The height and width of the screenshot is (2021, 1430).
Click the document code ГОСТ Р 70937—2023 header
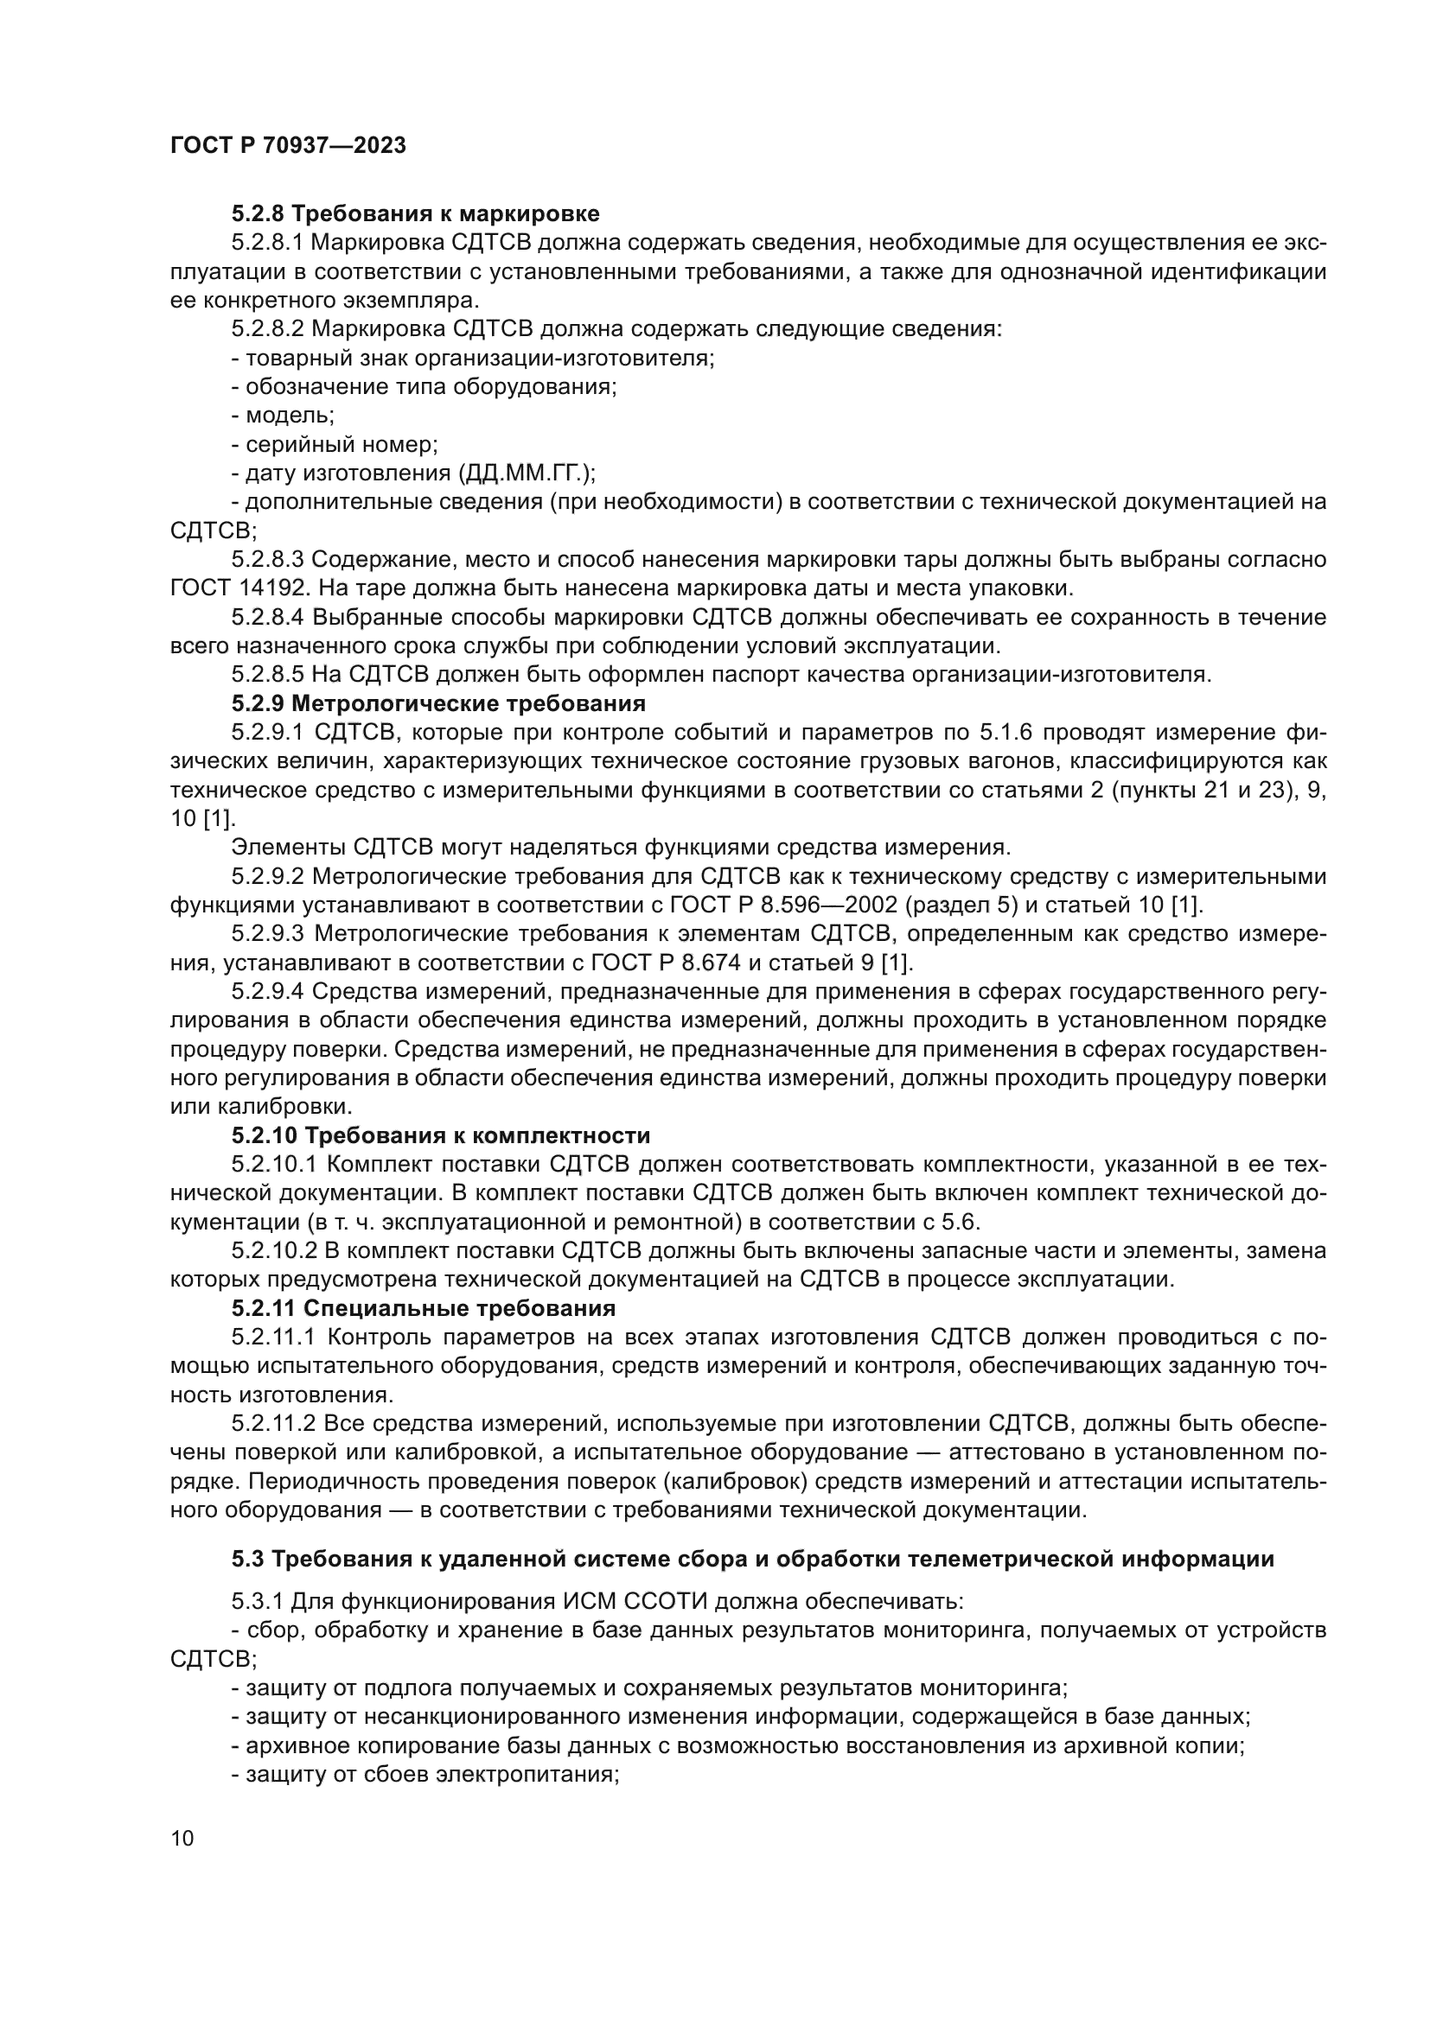pyautogui.click(x=288, y=146)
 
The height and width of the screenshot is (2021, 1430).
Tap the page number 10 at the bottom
pyautogui.click(x=182, y=1839)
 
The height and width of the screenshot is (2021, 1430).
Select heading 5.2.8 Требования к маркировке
pyautogui.click(x=416, y=214)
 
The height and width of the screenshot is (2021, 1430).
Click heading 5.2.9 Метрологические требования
pyautogui.click(x=438, y=703)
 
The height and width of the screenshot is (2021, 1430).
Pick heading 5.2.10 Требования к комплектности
pyautogui.click(x=440, y=1135)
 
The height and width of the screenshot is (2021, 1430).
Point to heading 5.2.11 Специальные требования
pyautogui.click(x=424, y=1308)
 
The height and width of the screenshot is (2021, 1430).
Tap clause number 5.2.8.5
pyautogui.click(x=268, y=675)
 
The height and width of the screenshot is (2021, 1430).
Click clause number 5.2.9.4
pyautogui.click(x=268, y=991)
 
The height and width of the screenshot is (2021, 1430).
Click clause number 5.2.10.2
pyautogui.click(x=273, y=1251)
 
